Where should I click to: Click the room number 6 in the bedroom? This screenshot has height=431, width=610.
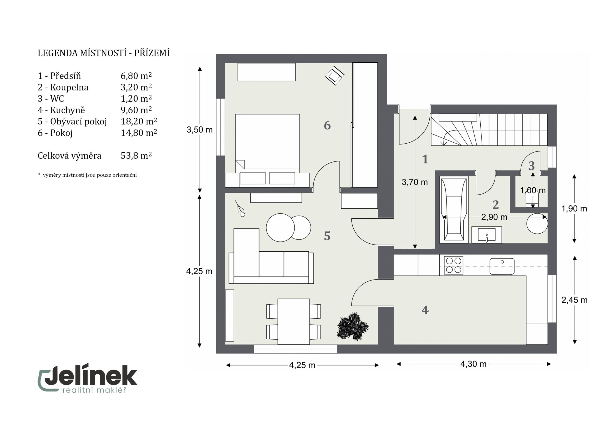(327, 125)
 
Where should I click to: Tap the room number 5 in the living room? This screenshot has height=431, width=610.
(327, 236)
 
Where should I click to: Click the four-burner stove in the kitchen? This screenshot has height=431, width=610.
(453, 265)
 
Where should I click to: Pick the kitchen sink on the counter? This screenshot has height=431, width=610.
(502, 266)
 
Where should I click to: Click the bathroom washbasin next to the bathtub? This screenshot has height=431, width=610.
(487, 235)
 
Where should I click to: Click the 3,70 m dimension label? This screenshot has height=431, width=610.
(415, 182)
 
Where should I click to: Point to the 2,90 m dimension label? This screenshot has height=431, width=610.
(494, 217)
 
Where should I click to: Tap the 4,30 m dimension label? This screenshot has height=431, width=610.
(473, 364)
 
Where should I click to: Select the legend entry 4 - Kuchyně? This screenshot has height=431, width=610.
(61, 110)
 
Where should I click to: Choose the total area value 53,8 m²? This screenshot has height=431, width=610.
(136, 156)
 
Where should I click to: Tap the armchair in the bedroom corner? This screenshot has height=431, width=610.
(335, 76)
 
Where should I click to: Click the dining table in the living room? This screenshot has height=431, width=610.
(294, 322)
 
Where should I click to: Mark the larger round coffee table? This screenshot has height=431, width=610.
(280, 228)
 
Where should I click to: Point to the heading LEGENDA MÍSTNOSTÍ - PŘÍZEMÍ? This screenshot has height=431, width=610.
(104, 53)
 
